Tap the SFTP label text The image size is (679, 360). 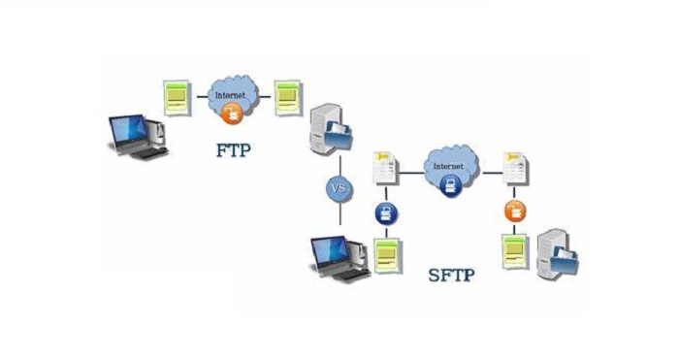tap(453, 274)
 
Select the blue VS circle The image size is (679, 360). tap(339, 187)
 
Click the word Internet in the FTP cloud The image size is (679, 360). tap(231, 93)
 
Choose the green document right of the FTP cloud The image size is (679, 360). tap(285, 97)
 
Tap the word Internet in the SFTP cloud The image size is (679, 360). tap(447, 166)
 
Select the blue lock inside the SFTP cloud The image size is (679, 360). tap(448, 186)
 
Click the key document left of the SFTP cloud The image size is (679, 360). tap(386, 169)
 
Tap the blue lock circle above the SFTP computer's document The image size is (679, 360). tap(385, 214)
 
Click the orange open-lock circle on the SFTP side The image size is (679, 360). tap(514, 211)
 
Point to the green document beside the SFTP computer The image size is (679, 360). tap(387, 254)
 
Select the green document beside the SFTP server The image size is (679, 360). tap(514, 251)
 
